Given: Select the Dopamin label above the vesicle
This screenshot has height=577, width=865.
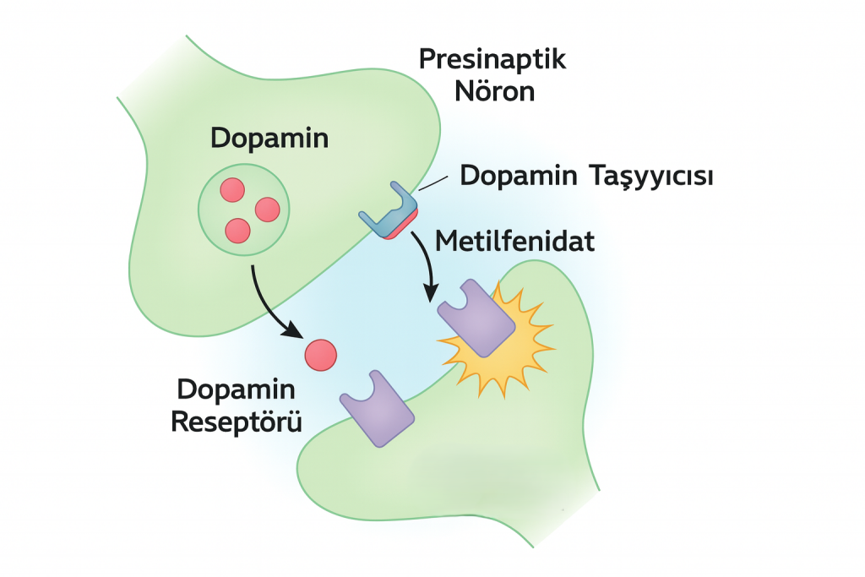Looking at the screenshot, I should point(269,138).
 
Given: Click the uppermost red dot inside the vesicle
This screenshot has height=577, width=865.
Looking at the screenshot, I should point(232,190).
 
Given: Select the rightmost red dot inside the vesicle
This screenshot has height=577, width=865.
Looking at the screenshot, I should point(267,209).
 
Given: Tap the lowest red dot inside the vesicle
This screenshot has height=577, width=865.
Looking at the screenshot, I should point(238,230).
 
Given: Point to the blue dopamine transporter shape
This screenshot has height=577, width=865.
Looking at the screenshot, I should point(389,211).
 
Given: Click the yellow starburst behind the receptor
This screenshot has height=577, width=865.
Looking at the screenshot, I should point(528,355).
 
